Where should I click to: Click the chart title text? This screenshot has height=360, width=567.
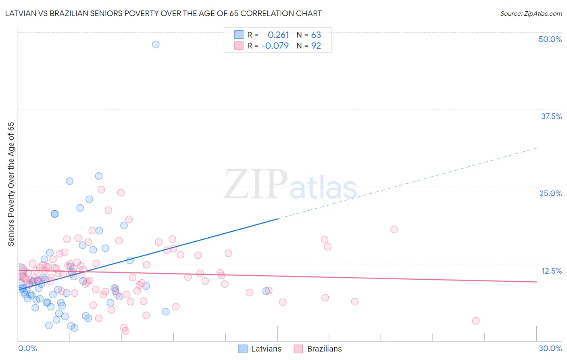coord(163,13)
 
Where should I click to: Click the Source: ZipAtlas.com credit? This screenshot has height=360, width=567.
coord(531,13)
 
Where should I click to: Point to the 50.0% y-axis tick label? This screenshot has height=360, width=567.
coord(550,39)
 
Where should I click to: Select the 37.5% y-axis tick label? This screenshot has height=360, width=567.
coord(551,116)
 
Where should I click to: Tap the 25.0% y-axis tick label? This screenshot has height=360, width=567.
coord(550,193)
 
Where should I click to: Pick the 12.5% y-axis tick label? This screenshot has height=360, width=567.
coord(551,271)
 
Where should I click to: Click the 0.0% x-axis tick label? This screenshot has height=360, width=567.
coord(27,348)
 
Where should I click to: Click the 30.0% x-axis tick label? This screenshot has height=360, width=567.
coord(550,348)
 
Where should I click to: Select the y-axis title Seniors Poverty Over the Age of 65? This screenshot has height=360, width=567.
coord(11,184)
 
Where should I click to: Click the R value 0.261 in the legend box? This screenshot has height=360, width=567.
coord(278,35)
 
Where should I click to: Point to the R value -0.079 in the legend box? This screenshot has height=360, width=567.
coord(275,46)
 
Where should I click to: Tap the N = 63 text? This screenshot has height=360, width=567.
coord(309,35)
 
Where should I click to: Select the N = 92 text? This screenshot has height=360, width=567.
coord(309,46)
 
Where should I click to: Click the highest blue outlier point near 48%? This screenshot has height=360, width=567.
coord(156,44)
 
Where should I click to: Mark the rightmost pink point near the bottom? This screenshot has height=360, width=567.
coord(476,321)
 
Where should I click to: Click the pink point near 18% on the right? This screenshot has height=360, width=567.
coord(394,230)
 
